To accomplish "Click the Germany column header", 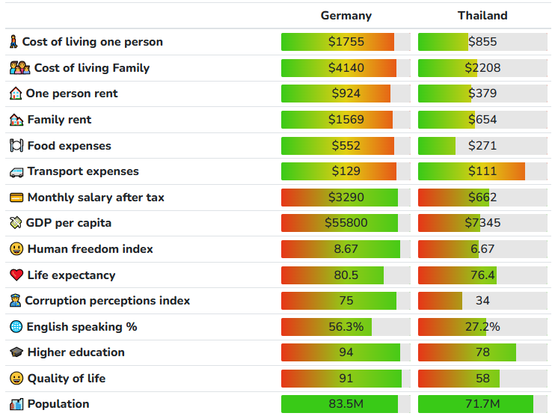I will point(346,16).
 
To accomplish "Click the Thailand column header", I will point(482,16).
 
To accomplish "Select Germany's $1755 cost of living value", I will point(346,42).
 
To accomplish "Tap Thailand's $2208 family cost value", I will point(482,68).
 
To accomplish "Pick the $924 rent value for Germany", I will point(346,94).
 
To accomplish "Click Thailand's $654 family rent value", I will point(482,120).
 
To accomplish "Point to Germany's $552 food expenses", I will point(346,146).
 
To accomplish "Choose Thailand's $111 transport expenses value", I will point(482,171).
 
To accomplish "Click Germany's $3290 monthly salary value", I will point(346,198).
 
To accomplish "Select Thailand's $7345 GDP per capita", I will point(482,223).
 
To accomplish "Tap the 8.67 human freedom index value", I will point(346,249).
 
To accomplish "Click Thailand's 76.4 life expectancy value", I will point(482,275).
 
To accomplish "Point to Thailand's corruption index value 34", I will point(482,301).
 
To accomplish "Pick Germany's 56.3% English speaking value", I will point(346,327).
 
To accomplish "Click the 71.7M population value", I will point(482,404).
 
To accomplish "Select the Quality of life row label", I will point(66,379).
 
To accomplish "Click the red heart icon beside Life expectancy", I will point(16,275).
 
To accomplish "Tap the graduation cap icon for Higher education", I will point(16,352).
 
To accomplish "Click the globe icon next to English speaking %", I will point(16,327).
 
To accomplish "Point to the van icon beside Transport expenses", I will point(16,172).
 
